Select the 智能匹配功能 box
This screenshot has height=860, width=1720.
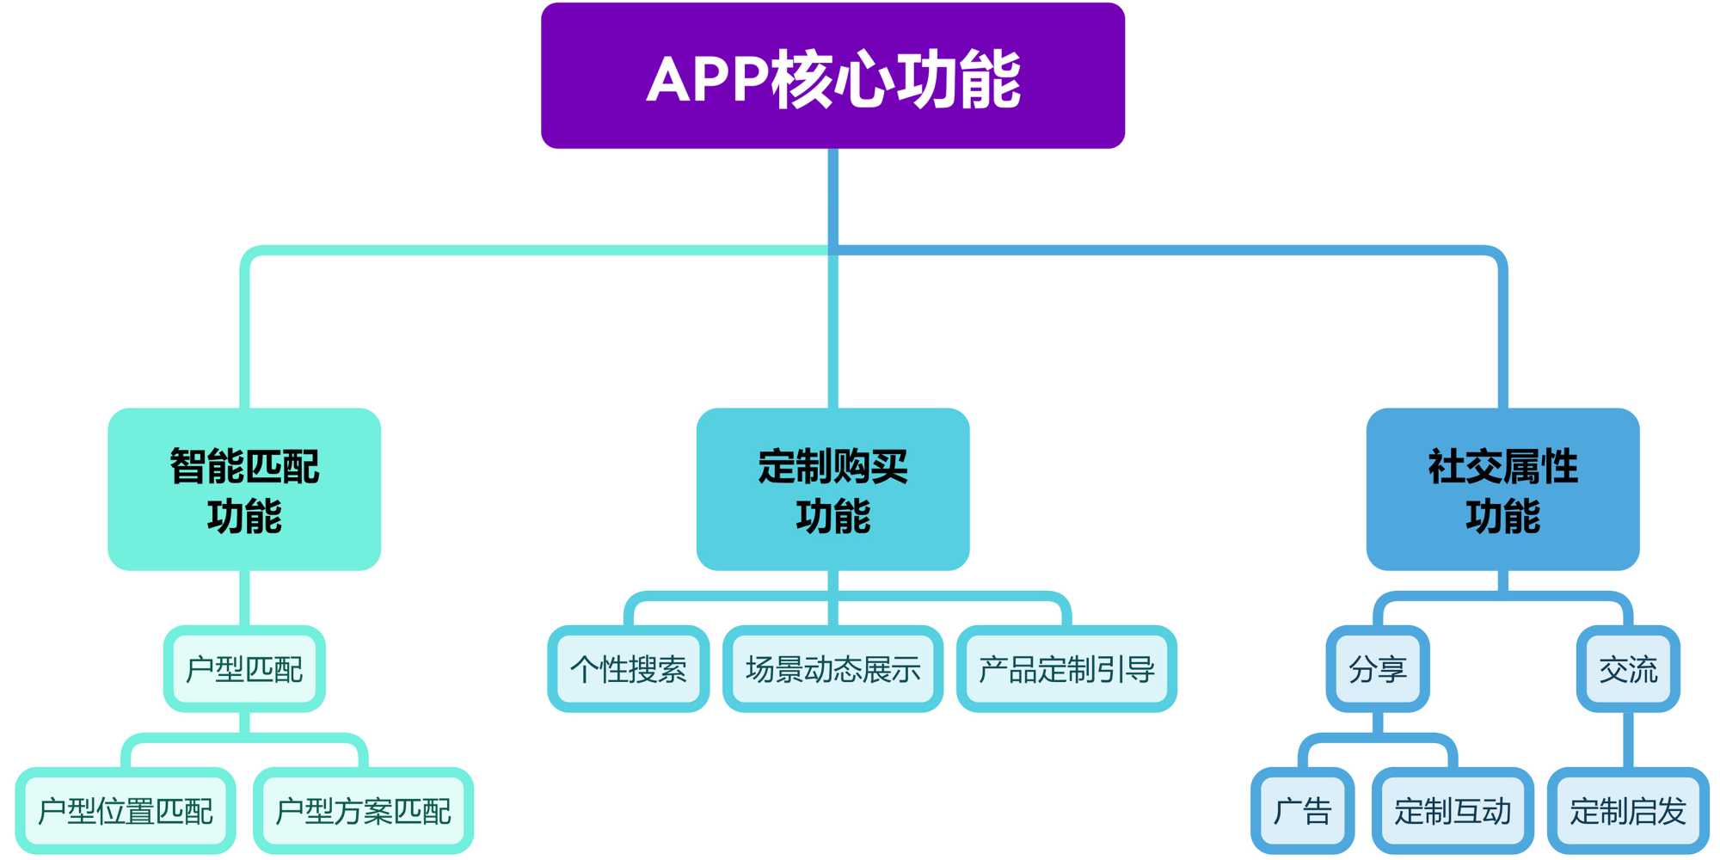[x=244, y=488]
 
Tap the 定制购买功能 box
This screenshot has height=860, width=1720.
[x=832, y=488]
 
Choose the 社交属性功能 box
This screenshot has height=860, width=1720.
[x=1502, y=488]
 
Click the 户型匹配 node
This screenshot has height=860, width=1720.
[x=244, y=668]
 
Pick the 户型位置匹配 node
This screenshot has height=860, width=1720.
[x=126, y=810]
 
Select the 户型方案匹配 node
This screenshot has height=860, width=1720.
[x=363, y=810]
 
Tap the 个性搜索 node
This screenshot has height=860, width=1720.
[x=629, y=668]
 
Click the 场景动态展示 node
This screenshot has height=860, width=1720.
[x=832, y=668]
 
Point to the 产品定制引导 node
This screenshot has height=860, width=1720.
[x=1066, y=668]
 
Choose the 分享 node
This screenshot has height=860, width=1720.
[x=1378, y=668]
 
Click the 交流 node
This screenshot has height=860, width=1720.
[x=1628, y=668]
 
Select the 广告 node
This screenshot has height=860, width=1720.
[x=1302, y=810]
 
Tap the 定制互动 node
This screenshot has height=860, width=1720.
[x=1453, y=810]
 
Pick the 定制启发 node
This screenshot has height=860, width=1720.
[x=1628, y=810]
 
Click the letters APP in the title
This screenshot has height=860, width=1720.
[x=707, y=79]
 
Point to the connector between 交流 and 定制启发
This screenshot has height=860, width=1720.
[x=1628, y=740]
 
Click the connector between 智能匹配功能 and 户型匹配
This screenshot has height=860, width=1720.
[x=244, y=598]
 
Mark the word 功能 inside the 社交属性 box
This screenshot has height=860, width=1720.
[x=1502, y=516]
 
